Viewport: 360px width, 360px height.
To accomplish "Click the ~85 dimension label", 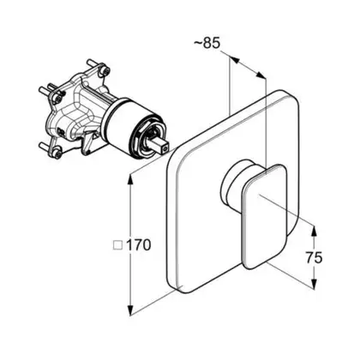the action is click(x=207, y=43).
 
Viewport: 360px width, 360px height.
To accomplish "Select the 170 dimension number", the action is click(x=138, y=245).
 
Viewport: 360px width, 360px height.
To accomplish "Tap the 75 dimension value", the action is click(x=314, y=258).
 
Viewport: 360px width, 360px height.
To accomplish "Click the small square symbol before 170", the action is click(x=117, y=246).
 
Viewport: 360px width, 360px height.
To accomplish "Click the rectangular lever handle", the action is click(x=265, y=217).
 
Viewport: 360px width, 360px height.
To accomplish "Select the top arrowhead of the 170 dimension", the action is click(x=130, y=180).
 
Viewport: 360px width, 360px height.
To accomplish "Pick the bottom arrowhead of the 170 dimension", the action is click(x=130, y=310).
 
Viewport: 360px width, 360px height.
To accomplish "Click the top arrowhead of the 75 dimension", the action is click(x=314, y=231).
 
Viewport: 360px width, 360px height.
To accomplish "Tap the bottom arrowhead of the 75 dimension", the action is click(x=314, y=285).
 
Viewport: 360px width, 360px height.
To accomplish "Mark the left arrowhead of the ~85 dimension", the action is click(x=234, y=60).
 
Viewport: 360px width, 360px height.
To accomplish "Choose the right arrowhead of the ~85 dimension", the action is click(x=261, y=75).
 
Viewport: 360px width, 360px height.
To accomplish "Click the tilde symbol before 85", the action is click(x=198, y=43).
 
